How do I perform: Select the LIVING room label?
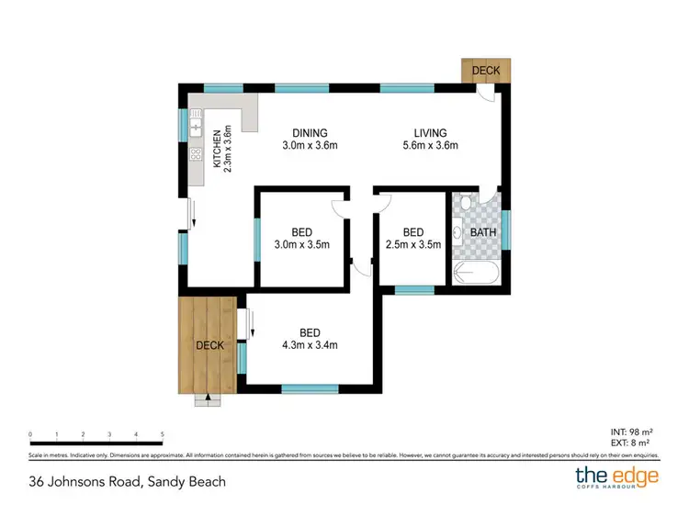pos(430,132)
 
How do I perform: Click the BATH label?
pos(483,232)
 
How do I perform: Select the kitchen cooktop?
pos(195,155)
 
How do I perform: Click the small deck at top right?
pos(485,71)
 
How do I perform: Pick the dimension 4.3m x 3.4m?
pos(310,346)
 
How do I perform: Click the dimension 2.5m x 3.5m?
pos(413,245)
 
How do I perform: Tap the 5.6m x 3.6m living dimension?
pos(430,145)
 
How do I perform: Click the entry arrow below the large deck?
pos(209,398)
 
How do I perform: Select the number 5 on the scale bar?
pos(162,434)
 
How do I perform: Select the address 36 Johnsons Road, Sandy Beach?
pos(127,481)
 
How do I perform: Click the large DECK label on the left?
pos(210,346)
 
